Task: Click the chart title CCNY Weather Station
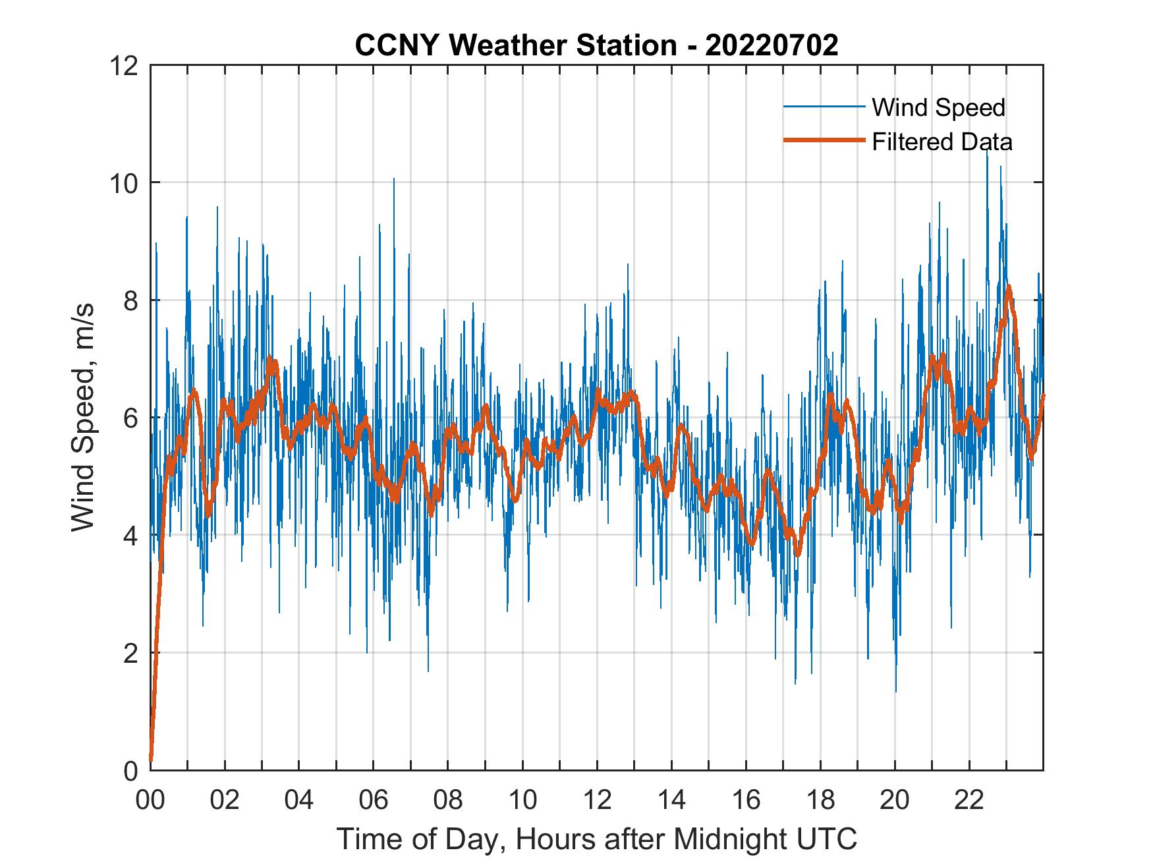515,45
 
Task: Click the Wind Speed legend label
938,107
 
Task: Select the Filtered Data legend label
942,142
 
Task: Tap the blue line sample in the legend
824,107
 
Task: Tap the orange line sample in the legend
824,140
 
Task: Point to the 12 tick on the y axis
126,65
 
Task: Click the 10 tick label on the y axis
126,182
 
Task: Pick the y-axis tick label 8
131,300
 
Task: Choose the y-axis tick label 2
131,653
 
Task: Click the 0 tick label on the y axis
131,770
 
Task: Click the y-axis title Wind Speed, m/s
83,417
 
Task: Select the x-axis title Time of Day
597,839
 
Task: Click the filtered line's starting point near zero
151,760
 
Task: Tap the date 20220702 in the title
772,45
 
